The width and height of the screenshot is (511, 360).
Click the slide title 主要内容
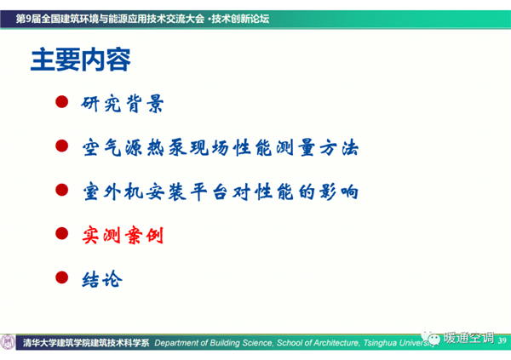click(81, 60)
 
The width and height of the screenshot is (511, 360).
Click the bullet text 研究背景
click(122, 104)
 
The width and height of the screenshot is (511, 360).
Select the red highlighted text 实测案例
click(123, 235)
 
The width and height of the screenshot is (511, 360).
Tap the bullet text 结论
click(102, 279)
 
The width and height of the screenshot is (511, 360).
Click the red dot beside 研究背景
click(61, 101)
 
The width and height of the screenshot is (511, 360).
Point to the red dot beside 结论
click(61, 277)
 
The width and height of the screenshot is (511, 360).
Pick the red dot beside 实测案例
click(61, 233)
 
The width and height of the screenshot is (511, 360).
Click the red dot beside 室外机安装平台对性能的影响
click(61, 190)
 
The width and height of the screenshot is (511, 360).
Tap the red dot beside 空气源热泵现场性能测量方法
click(61, 146)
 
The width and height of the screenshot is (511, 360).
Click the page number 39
click(502, 340)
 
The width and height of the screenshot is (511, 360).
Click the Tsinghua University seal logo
click(7, 342)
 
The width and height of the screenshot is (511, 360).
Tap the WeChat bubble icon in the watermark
click(430, 338)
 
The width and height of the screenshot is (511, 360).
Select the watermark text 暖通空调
click(468, 338)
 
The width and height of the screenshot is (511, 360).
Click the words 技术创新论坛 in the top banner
click(240, 19)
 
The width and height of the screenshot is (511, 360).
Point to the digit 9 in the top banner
click(28, 19)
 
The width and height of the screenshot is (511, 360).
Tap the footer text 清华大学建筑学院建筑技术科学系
click(86, 343)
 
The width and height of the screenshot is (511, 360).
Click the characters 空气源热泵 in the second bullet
click(135, 147)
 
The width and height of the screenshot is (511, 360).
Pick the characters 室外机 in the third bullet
click(113, 191)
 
